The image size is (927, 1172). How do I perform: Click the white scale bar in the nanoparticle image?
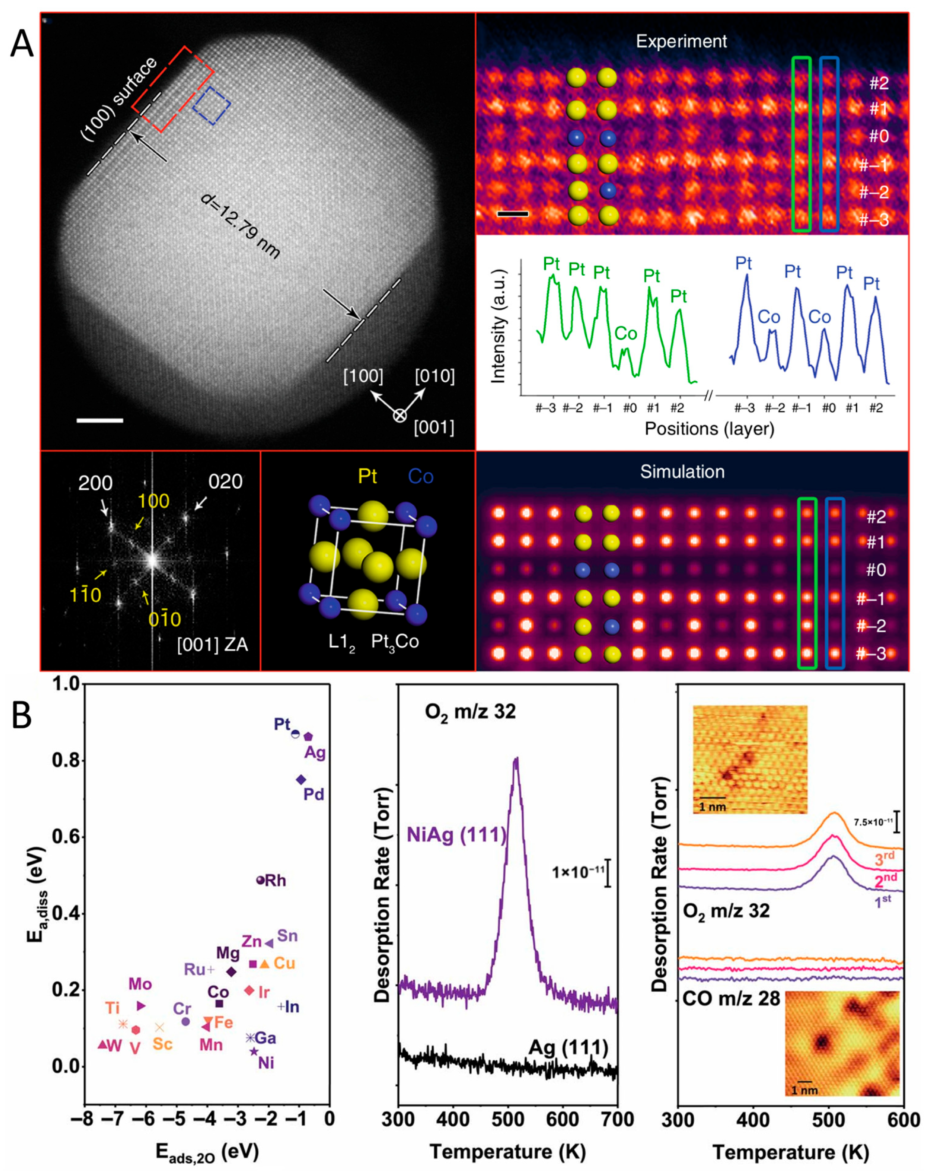click(x=100, y=420)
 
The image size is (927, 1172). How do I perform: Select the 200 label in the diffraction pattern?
click(x=96, y=483)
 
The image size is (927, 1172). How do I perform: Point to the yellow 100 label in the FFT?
click(x=153, y=501)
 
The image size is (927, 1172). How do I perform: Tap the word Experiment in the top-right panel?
click(x=682, y=41)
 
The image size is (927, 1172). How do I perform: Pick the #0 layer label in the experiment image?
click(x=879, y=136)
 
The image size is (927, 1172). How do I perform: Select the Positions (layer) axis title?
click(x=709, y=429)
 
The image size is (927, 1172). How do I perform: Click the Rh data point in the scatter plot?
click(x=260, y=880)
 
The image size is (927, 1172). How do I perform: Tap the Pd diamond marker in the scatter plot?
click(x=301, y=779)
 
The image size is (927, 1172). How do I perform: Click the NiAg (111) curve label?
click(x=456, y=835)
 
